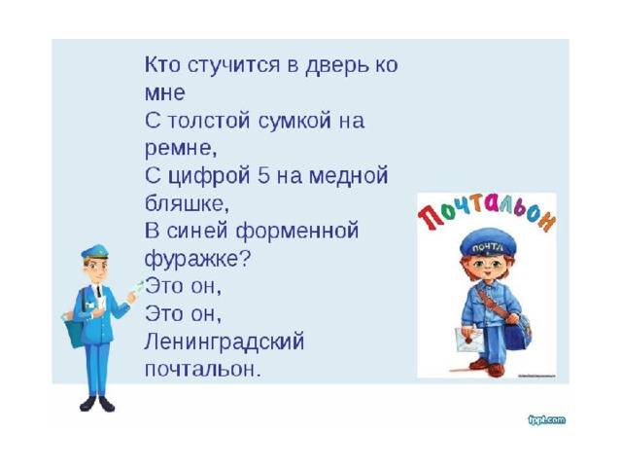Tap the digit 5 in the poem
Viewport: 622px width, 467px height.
coord(263,176)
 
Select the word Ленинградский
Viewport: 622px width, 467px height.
coord(225,342)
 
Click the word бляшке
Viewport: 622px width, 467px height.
coord(187,203)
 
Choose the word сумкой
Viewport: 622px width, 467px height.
coord(294,121)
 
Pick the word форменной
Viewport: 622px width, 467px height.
coord(297,232)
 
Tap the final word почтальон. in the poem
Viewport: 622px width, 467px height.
coord(203,370)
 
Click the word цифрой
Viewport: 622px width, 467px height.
coord(210,177)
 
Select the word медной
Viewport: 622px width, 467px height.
coord(348,176)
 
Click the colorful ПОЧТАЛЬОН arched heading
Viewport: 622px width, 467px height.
coord(487,212)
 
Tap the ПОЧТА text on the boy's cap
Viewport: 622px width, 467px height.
coord(488,248)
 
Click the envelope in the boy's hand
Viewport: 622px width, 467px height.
coord(469,340)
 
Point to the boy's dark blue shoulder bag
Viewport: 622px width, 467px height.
coord(518,333)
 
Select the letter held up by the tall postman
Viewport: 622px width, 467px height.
coord(138,287)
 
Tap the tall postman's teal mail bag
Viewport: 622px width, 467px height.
coord(74,330)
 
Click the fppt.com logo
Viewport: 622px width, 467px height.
coord(547,419)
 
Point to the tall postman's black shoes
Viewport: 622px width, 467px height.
coord(97,404)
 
